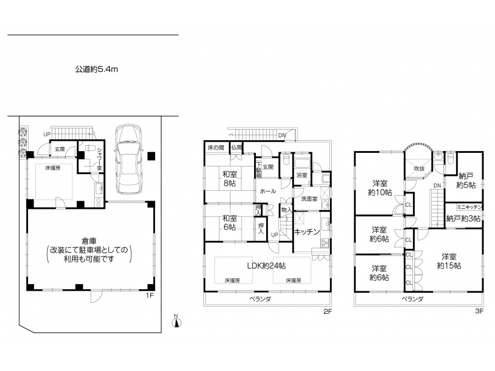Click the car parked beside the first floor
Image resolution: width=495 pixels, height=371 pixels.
[129, 159]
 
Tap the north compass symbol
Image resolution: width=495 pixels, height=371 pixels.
[177, 321]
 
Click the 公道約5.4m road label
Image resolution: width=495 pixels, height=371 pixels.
[97, 69]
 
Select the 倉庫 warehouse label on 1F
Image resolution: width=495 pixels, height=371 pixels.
[89, 241]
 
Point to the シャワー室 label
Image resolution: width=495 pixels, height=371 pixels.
[100, 159]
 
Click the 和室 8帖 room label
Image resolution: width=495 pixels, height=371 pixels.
[229, 179]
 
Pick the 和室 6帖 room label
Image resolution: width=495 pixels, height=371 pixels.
[229, 223]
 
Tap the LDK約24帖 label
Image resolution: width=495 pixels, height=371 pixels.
[266, 266]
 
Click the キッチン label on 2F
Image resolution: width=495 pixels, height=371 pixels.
[307, 232]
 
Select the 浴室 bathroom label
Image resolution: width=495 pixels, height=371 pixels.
[302, 175]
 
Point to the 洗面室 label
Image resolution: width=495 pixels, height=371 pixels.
[309, 199]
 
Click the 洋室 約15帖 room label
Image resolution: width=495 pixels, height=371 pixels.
[449, 261]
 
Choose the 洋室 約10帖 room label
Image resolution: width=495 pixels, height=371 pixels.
[380, 188]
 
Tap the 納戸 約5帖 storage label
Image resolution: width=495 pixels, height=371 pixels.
[466, 180]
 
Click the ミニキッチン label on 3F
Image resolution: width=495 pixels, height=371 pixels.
[470, 207]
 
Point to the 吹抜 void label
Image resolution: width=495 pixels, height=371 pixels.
[419, 169]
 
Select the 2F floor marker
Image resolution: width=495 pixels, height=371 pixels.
[328, 312]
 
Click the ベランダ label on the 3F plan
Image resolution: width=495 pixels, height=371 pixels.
[413, 299]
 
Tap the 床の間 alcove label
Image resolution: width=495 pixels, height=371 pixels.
[216, 147]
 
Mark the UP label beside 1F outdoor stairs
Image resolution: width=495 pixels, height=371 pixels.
[47, 135]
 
